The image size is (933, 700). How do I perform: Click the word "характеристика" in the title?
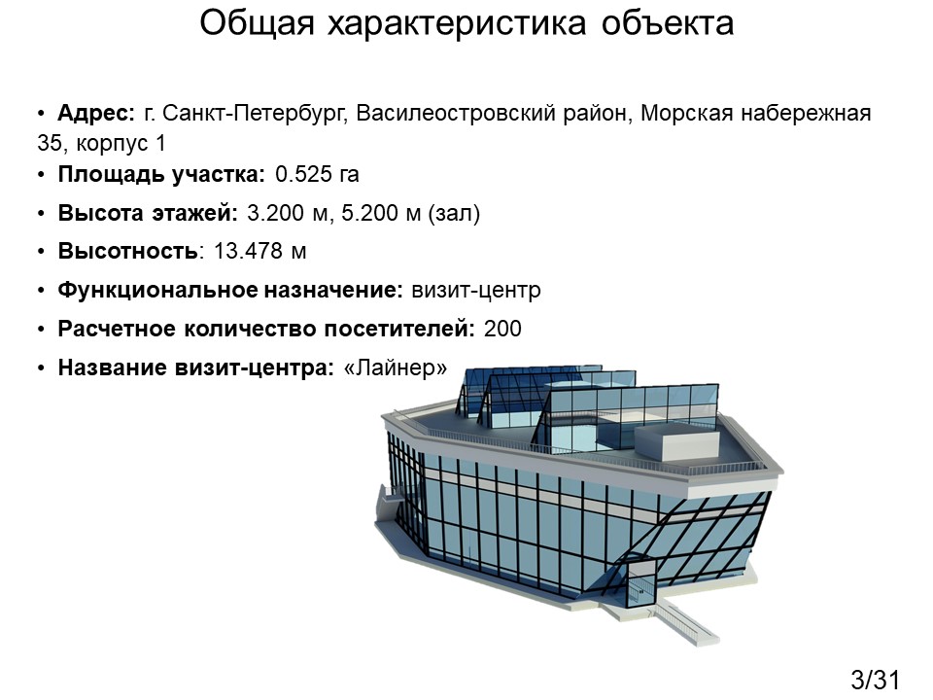(457, 24)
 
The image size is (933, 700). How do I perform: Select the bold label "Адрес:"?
(96, 113)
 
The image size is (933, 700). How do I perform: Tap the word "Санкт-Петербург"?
(254, 113)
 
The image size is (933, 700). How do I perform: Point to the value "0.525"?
(303, 174)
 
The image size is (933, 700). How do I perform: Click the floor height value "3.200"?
(275, 213)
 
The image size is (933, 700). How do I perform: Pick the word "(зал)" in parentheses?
(454, 213)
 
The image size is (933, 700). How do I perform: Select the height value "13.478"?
(248, 251)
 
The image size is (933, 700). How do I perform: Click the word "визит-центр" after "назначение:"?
(476, 291)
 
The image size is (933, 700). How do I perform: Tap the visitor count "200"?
(502, 329)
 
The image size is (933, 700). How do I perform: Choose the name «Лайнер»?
(396, 367)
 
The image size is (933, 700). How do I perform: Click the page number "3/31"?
(876, 680)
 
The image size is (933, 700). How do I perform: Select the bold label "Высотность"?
(128, 251)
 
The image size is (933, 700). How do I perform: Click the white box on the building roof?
(677, 441)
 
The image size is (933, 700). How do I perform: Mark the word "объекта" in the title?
(668, 24)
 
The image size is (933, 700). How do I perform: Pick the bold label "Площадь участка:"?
(161, 174)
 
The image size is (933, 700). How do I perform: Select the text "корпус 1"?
(121, 144)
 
